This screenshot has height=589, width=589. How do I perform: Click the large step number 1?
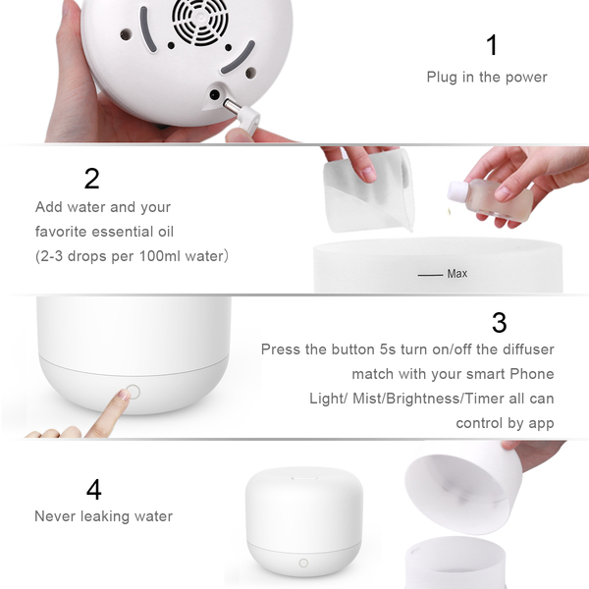pos(492,45)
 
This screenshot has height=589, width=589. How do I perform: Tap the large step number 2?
pos(92,179)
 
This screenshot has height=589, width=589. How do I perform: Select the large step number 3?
pos(500,322)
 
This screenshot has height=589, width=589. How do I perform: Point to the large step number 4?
pos(94,489)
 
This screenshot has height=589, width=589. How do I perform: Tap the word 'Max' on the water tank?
pos(457,274)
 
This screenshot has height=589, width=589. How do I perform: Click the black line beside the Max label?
pos(430,275)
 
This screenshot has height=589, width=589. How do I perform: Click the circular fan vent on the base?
pos(200,21)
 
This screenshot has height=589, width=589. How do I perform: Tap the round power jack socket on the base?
pos(214,94)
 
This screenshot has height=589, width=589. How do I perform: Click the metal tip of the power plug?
pos(231,106)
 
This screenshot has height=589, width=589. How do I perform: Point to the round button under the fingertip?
pos(133,392)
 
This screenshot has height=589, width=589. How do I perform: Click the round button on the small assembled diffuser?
pos(303,562)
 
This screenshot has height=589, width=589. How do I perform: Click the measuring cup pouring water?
pos(369,191)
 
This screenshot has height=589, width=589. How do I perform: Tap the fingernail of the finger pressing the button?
pos(124,395)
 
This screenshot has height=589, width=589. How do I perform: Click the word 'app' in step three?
pos(541,424)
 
